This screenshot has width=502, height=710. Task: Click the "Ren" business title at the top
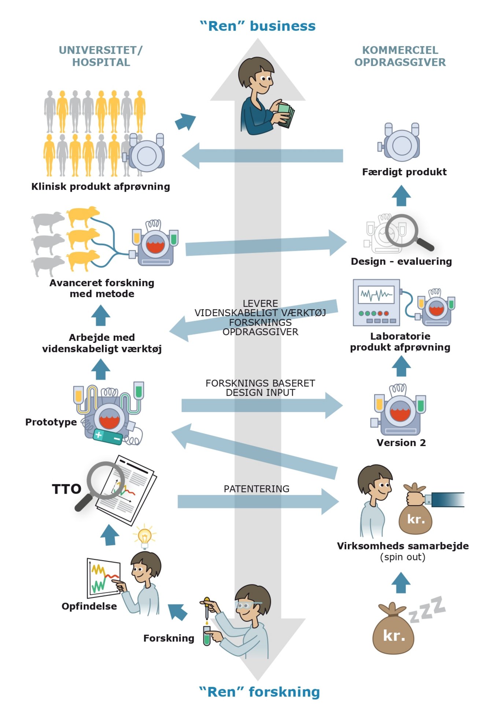click(258, 26)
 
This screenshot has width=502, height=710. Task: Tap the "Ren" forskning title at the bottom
click(259, 692)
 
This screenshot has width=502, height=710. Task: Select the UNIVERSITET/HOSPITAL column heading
click(101, 56)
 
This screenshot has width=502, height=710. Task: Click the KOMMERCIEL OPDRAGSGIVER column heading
click(400, 56)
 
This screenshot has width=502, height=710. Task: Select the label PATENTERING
click(256, 489)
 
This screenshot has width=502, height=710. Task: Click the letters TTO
click(66, 489)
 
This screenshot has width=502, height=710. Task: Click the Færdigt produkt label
click(404, 172)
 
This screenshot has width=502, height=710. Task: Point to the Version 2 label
click(401, 443)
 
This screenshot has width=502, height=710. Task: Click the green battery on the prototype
click(108, 436)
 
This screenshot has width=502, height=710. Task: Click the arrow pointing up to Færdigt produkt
click(401, 195)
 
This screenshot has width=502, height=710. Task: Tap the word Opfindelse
click(89, 606)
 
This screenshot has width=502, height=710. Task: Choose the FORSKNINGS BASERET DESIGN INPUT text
click(260, 388)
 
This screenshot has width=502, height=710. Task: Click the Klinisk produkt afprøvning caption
click(100, 187)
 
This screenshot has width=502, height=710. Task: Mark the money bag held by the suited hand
click(416, 518)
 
